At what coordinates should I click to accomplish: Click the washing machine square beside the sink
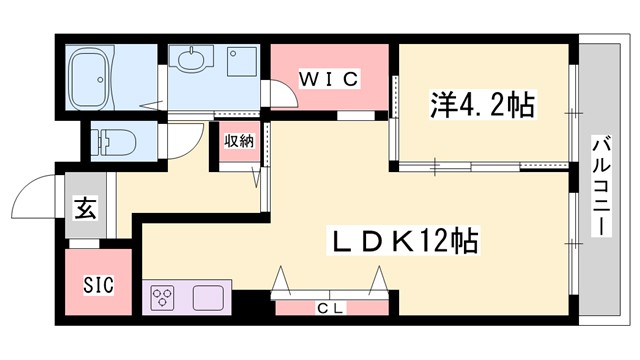tap(241, 63)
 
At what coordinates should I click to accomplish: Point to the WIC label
tap(329, 79)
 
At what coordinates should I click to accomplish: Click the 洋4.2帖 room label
tap(482, 103)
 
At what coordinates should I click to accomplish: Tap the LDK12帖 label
tap(405, 241)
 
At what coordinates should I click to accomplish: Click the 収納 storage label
tap(238, 141)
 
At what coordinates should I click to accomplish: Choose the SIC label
tap(98, 284)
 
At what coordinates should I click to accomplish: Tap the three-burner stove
tap(163, 297)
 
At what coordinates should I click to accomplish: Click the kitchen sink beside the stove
tap(209, 297)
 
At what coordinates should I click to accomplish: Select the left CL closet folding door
tap(282, 277)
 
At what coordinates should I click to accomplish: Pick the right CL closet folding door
tap(378, 277)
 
